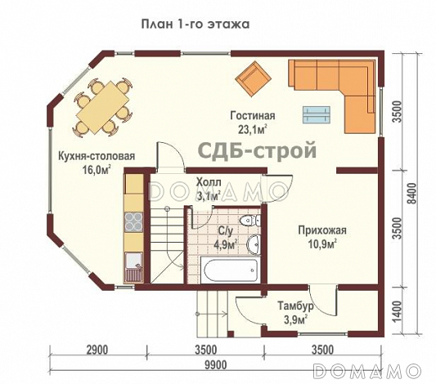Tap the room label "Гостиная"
click(251, 116)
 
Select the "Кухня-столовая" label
click(96, 156)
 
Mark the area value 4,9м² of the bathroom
click(225, 243)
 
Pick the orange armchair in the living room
click(253, 79)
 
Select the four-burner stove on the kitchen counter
click(131, 221)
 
